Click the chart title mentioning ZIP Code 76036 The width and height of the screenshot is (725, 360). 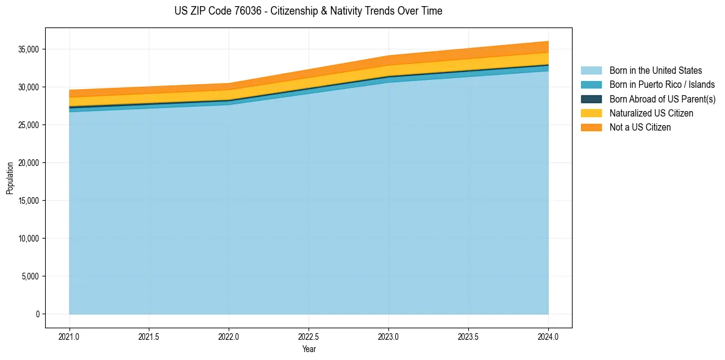coord(308,11)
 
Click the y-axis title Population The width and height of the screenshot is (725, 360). coord(10,178)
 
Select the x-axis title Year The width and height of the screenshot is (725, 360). coord(309,349)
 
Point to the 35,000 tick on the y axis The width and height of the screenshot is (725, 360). coord(29,49)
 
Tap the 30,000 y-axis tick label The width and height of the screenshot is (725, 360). coord(29,87)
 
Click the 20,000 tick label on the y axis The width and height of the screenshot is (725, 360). coord(29,163)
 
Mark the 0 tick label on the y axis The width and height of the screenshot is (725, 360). coord(37,314)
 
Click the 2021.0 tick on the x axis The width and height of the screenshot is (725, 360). coord(70,336)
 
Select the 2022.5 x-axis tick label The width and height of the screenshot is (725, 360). coord(309,336)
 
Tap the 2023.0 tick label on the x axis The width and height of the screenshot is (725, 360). coord(388,336)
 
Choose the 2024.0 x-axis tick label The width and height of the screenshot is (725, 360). coord(548,336)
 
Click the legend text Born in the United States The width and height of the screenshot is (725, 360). coord(655,71)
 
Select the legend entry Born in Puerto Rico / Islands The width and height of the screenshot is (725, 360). coord(662,85)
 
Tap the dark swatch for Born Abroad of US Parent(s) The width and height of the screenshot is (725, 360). coord(591,99)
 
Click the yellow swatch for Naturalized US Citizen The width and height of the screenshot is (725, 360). coord(591,113)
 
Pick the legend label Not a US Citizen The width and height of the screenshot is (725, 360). coord(640,127)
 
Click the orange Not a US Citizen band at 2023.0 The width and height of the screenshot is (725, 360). coord(388,60)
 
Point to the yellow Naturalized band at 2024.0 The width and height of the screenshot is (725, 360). coord(547,59)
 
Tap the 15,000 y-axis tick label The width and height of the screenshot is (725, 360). coord(29,201)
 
